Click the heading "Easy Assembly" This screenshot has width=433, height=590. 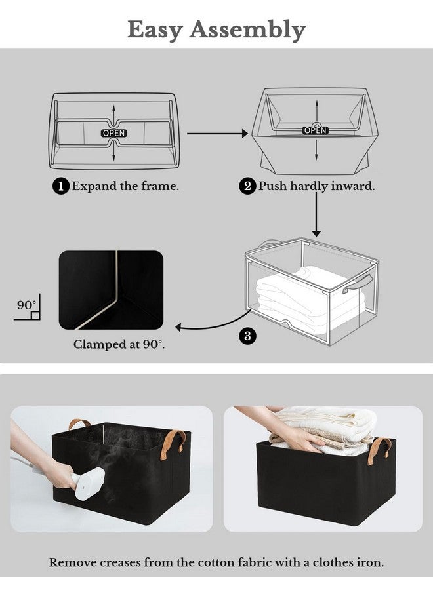pos(216,29)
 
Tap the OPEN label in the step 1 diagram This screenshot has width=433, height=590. pos(113,133)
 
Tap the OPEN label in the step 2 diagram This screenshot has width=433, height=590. pos(315,130)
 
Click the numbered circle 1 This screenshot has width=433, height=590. pos(60,187)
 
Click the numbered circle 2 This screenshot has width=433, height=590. pos(247,187)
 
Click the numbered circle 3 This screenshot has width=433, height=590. pos(247,336)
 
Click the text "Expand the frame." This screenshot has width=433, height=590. pos(125,186)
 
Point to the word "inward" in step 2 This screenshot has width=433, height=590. pos(354,186)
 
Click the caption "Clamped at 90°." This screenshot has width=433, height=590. pos(118,344)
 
